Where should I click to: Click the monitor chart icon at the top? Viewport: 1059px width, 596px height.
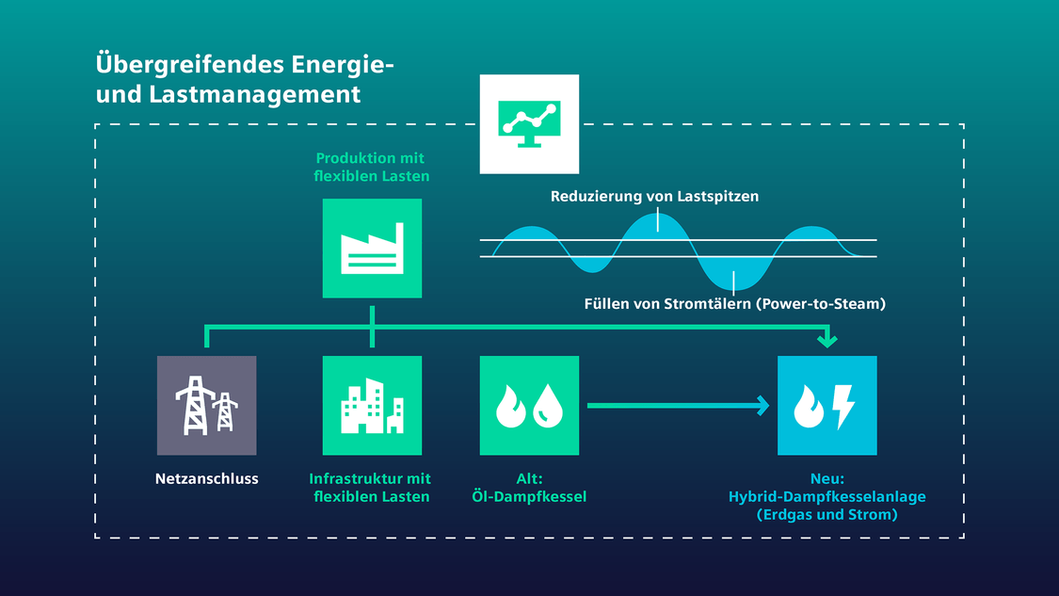(x=529, y=124)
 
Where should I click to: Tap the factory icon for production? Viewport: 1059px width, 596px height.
(x=372, y=248)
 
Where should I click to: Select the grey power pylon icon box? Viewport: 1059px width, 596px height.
(x=207, y=406)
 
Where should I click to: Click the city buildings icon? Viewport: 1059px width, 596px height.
(x=372, y=406)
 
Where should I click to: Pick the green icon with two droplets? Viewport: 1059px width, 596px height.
(x=529, y=406)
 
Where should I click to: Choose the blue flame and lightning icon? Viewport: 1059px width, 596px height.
(x=827, y=406)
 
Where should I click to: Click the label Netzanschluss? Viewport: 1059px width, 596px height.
(x=207, y=478)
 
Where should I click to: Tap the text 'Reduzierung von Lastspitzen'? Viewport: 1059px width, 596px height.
(x=654, y=197)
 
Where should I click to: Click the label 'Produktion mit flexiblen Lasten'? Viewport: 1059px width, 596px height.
(x=372, y=167)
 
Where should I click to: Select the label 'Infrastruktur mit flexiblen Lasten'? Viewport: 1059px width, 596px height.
(x=370, y=487)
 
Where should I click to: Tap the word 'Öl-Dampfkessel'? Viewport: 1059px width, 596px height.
(x=529, y=497)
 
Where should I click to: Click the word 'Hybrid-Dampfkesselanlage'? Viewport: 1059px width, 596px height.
(x=827, y=497)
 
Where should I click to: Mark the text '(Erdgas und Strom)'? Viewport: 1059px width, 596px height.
(x=827, y=515)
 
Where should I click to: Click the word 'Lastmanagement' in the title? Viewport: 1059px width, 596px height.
(x=254, y=94)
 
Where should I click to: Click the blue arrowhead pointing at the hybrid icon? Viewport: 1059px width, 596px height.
(x=763, y=406)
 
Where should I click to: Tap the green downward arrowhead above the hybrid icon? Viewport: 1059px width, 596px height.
(x=827, y=340)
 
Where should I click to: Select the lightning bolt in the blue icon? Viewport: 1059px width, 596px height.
(x=842, y=407)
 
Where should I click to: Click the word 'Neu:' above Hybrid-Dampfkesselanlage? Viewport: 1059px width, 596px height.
(x=827, y=478)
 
